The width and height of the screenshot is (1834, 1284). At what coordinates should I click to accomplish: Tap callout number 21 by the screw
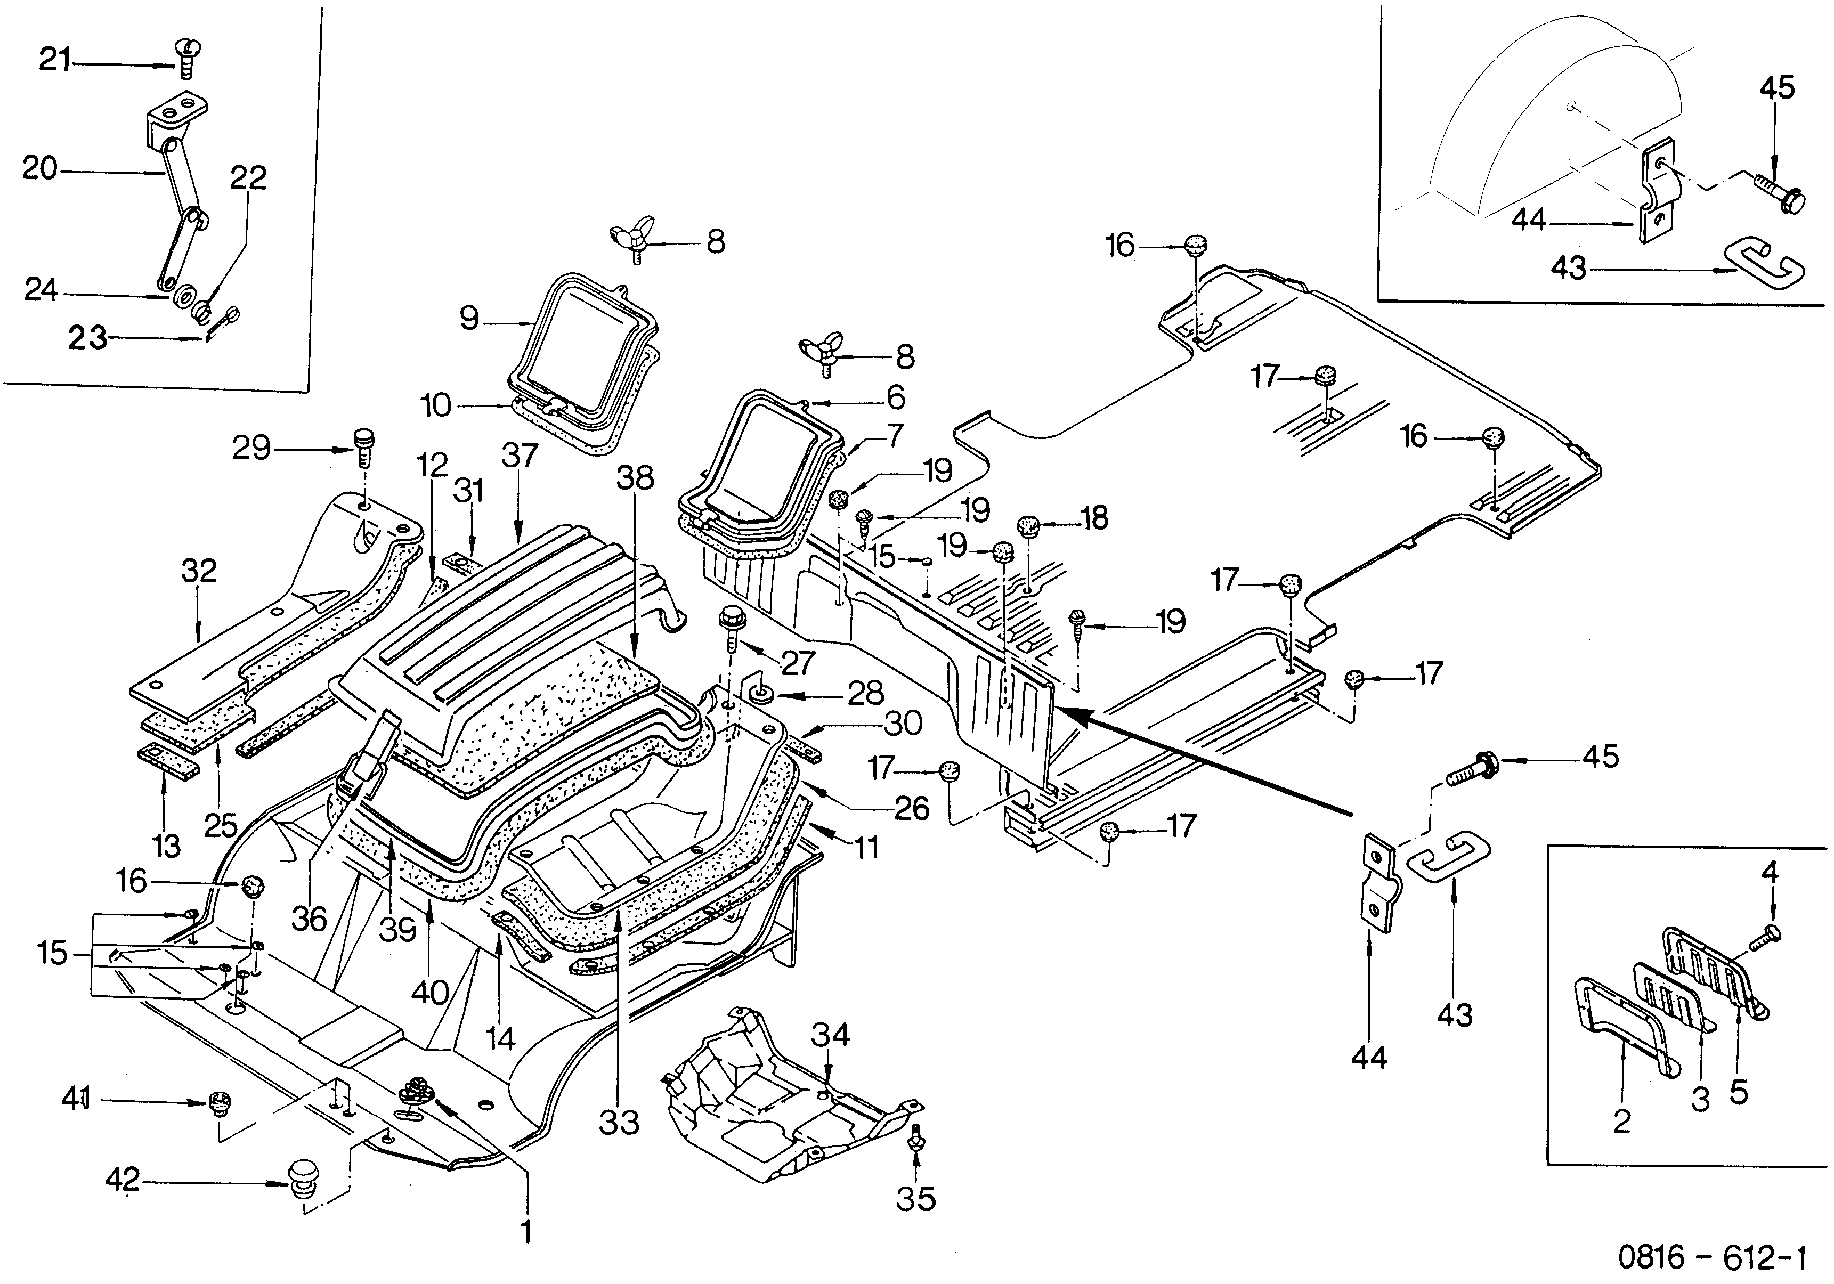coord(54,59)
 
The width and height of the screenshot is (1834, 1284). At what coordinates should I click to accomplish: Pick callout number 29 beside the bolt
coord(251,448)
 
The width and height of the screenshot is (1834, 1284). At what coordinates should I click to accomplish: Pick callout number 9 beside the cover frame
coord(469,319)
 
